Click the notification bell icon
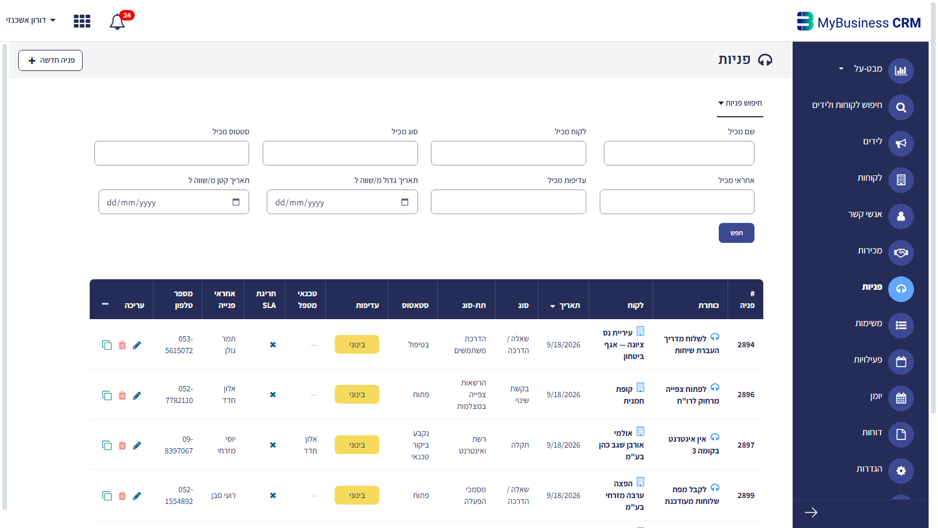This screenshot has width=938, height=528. [x=117, y=22]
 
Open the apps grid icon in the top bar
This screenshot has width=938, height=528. [x=82, y=21]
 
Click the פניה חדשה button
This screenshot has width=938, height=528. [x=50, y=60]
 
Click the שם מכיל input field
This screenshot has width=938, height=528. [x=679, y=153]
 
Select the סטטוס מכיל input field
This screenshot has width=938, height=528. [x=172, y=153]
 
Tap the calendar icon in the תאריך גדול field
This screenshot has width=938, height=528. [x=405, y=202]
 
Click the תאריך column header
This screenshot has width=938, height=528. [x=565, y=306]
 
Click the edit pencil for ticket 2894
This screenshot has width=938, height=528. [x=137, y=345]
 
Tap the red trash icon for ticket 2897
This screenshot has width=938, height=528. [x=123, y=445]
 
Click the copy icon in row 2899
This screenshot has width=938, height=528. [x=107, y=496]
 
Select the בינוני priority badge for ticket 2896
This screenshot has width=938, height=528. [x=357, y=394]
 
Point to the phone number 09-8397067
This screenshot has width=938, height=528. [x=179, y=445]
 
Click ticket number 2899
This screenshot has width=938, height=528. [x=746, y=495]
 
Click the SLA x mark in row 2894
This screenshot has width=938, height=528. [x=273, y=344]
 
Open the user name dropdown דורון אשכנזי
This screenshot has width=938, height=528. [x=30, y=20]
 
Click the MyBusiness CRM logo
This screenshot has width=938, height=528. [x=858, y=22]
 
